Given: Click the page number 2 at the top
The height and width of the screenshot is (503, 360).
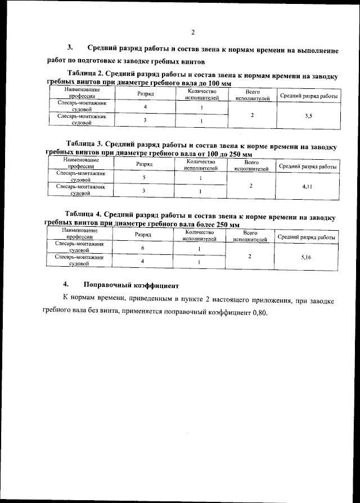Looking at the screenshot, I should [192, 32].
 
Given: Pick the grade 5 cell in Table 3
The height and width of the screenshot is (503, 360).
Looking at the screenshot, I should [144, 177].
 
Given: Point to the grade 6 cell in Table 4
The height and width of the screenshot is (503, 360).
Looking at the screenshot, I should [143, 248].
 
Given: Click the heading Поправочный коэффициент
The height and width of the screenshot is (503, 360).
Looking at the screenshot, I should [130, 284].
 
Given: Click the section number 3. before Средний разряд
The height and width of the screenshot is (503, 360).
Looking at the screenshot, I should [71, 50].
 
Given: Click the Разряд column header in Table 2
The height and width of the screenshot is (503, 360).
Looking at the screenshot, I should [146, 94].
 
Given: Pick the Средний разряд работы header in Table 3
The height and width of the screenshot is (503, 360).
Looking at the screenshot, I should [308, 167].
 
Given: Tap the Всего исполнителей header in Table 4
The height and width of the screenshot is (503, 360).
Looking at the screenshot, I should [250, 235].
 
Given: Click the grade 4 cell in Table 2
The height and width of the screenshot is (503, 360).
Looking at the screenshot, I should [145, 107].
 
